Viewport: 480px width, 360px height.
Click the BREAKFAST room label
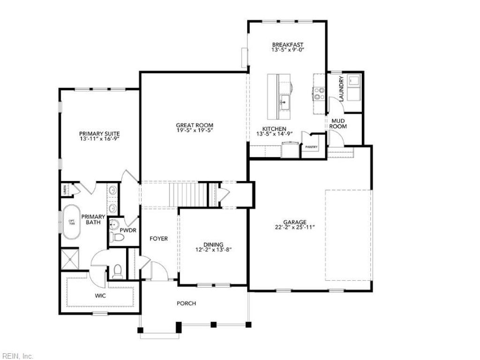(288, 45)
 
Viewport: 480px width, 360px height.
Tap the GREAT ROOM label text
(194, 125)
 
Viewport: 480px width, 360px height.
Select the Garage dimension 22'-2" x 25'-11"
(294, 227)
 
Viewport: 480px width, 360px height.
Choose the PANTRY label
(311, 147)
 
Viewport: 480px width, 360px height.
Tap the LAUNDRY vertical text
(341, 89)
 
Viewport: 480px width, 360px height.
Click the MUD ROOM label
(339, 123)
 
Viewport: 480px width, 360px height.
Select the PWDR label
(127, 231)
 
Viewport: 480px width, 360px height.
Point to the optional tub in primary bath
(72, 222)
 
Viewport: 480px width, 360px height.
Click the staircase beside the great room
(187, 194)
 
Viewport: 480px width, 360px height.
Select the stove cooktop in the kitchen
(319, 93)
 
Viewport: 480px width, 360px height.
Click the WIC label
(100, 296)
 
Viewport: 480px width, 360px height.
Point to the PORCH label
(186, 303)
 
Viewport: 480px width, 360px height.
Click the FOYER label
(158, 239)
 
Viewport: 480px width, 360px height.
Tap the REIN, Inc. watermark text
(17, 356)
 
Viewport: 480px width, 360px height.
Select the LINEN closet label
(64, 190)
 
